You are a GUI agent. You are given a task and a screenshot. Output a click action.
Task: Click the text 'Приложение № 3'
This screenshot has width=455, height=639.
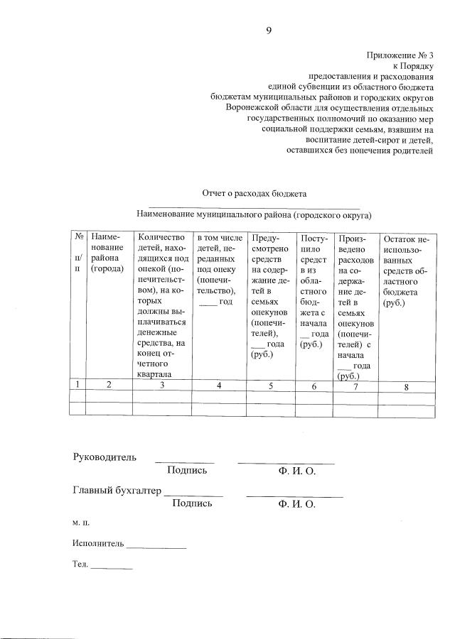[x=400, y=55]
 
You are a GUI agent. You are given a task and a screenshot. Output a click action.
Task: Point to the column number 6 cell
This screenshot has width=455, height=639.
[x=314, y=386]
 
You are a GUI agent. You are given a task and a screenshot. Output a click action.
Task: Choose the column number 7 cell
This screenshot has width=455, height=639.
[x=355, y=386]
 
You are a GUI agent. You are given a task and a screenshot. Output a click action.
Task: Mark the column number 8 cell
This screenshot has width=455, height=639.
[x=406, y=387]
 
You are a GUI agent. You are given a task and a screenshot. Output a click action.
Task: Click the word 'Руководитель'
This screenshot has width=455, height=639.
[x=105, y=457]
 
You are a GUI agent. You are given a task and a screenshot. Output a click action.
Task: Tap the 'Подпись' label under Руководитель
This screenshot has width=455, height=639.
[x=187, y=470]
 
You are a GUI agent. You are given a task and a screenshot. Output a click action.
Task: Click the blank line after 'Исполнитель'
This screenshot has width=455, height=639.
[x=156, y=547]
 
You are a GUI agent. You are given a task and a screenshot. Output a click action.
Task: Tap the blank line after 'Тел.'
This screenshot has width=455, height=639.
[x=112, y=567]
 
